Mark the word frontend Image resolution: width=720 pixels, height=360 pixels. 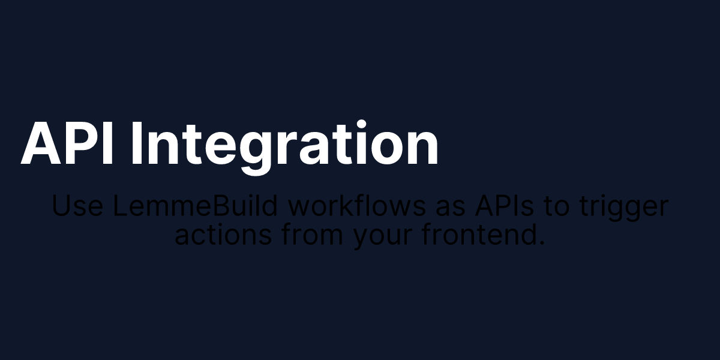click(478, 236)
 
